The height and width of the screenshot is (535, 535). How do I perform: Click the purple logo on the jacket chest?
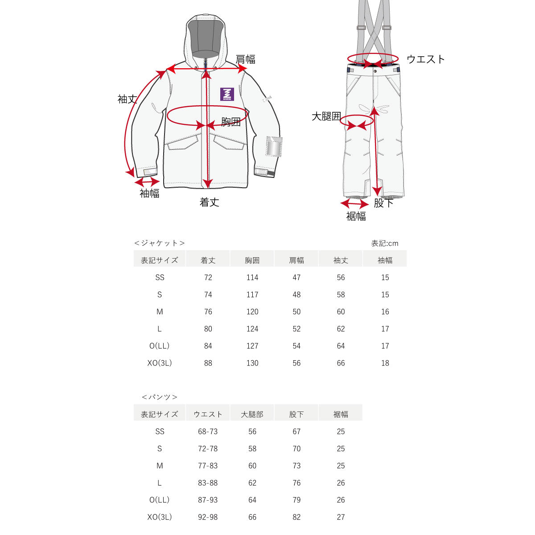227,94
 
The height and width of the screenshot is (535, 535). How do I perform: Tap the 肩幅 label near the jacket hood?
245,59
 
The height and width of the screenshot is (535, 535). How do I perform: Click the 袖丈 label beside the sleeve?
127,99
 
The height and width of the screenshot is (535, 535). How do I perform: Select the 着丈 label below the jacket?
209,202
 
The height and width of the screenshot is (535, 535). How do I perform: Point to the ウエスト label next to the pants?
426,59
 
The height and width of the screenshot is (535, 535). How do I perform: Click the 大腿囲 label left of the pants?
326,117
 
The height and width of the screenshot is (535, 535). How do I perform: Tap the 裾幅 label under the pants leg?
356,216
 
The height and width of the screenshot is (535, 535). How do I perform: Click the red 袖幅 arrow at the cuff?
147,182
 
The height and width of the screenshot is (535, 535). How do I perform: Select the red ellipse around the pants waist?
373,58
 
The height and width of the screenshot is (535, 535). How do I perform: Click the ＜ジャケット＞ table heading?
159,243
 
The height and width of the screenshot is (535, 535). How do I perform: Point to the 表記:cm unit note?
385,243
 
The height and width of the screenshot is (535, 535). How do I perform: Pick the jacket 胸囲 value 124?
252,329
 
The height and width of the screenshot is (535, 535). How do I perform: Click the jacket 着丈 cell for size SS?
208,277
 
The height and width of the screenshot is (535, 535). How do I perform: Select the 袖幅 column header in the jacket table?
385,260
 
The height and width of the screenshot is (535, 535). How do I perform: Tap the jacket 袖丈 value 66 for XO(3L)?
341,363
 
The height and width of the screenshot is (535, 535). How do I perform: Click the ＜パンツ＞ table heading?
159,397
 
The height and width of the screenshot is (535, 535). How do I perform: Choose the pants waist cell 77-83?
208,466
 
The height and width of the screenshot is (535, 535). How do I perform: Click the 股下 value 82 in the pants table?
296,517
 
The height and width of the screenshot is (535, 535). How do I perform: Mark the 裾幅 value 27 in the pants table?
341,517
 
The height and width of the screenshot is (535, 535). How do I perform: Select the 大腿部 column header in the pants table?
252,414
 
